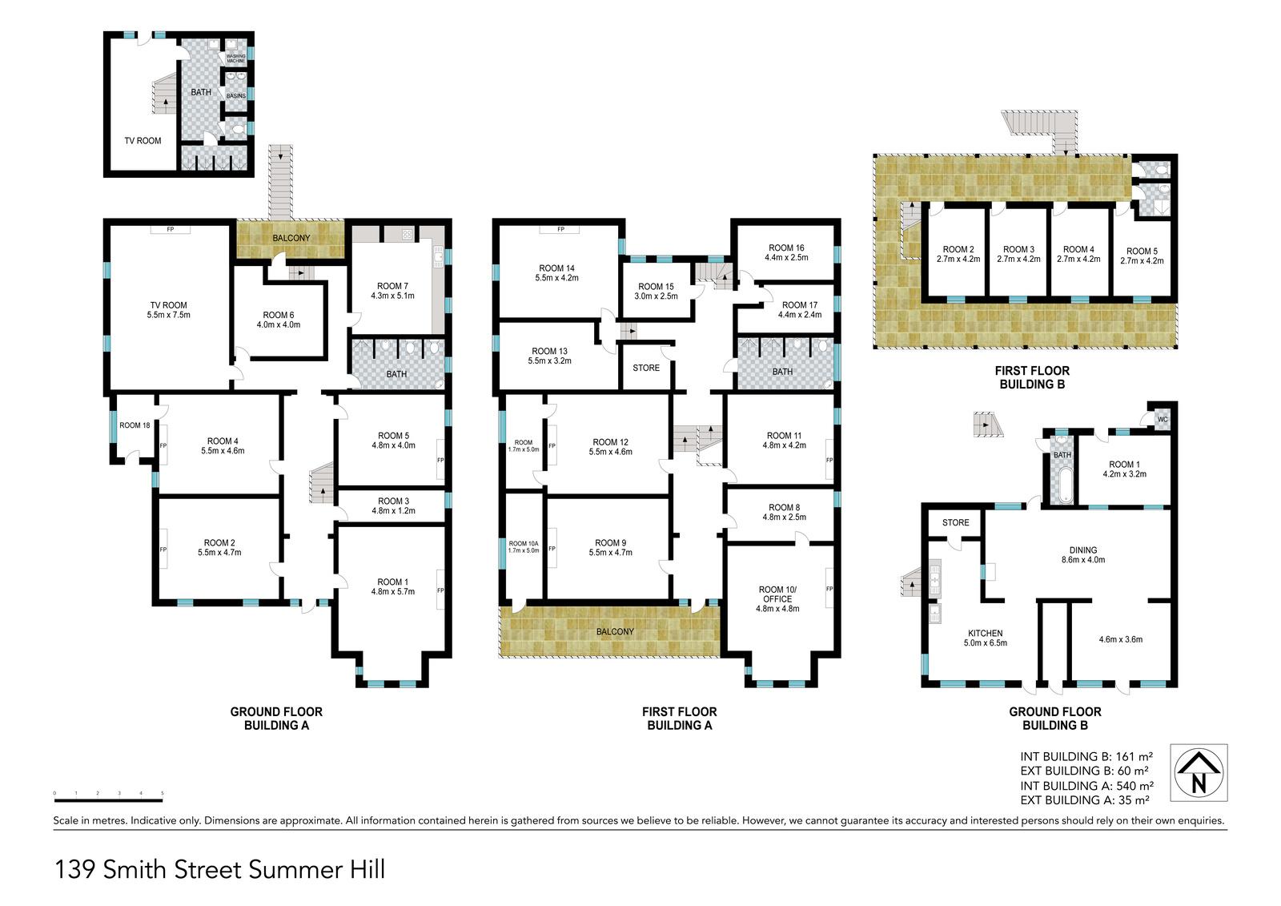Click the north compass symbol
[x=1199, y=773]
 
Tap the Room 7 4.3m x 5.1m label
[x=392, y=291]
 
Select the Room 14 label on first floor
[x=556, y=273]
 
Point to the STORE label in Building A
[x=646, y=368]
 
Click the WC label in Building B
[x=1163, y=420]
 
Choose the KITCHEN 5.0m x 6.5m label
[x=985, y=638]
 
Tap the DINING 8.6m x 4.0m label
[x=1082, y=555]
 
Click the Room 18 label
[x=135, y=425]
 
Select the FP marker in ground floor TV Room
[x=171, y=230]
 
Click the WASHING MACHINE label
[x=235, y=58]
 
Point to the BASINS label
[x=236, y=96]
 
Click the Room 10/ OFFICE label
[x=777, y=598]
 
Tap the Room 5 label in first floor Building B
[x=1142, y=256]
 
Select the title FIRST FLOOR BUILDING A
[x=679, y=719]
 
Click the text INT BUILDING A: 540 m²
[x=1086, y=786]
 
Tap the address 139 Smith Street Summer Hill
[x=219, y=869]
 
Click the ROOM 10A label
[x=524, y=547]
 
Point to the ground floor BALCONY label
[x=291, y=238]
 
